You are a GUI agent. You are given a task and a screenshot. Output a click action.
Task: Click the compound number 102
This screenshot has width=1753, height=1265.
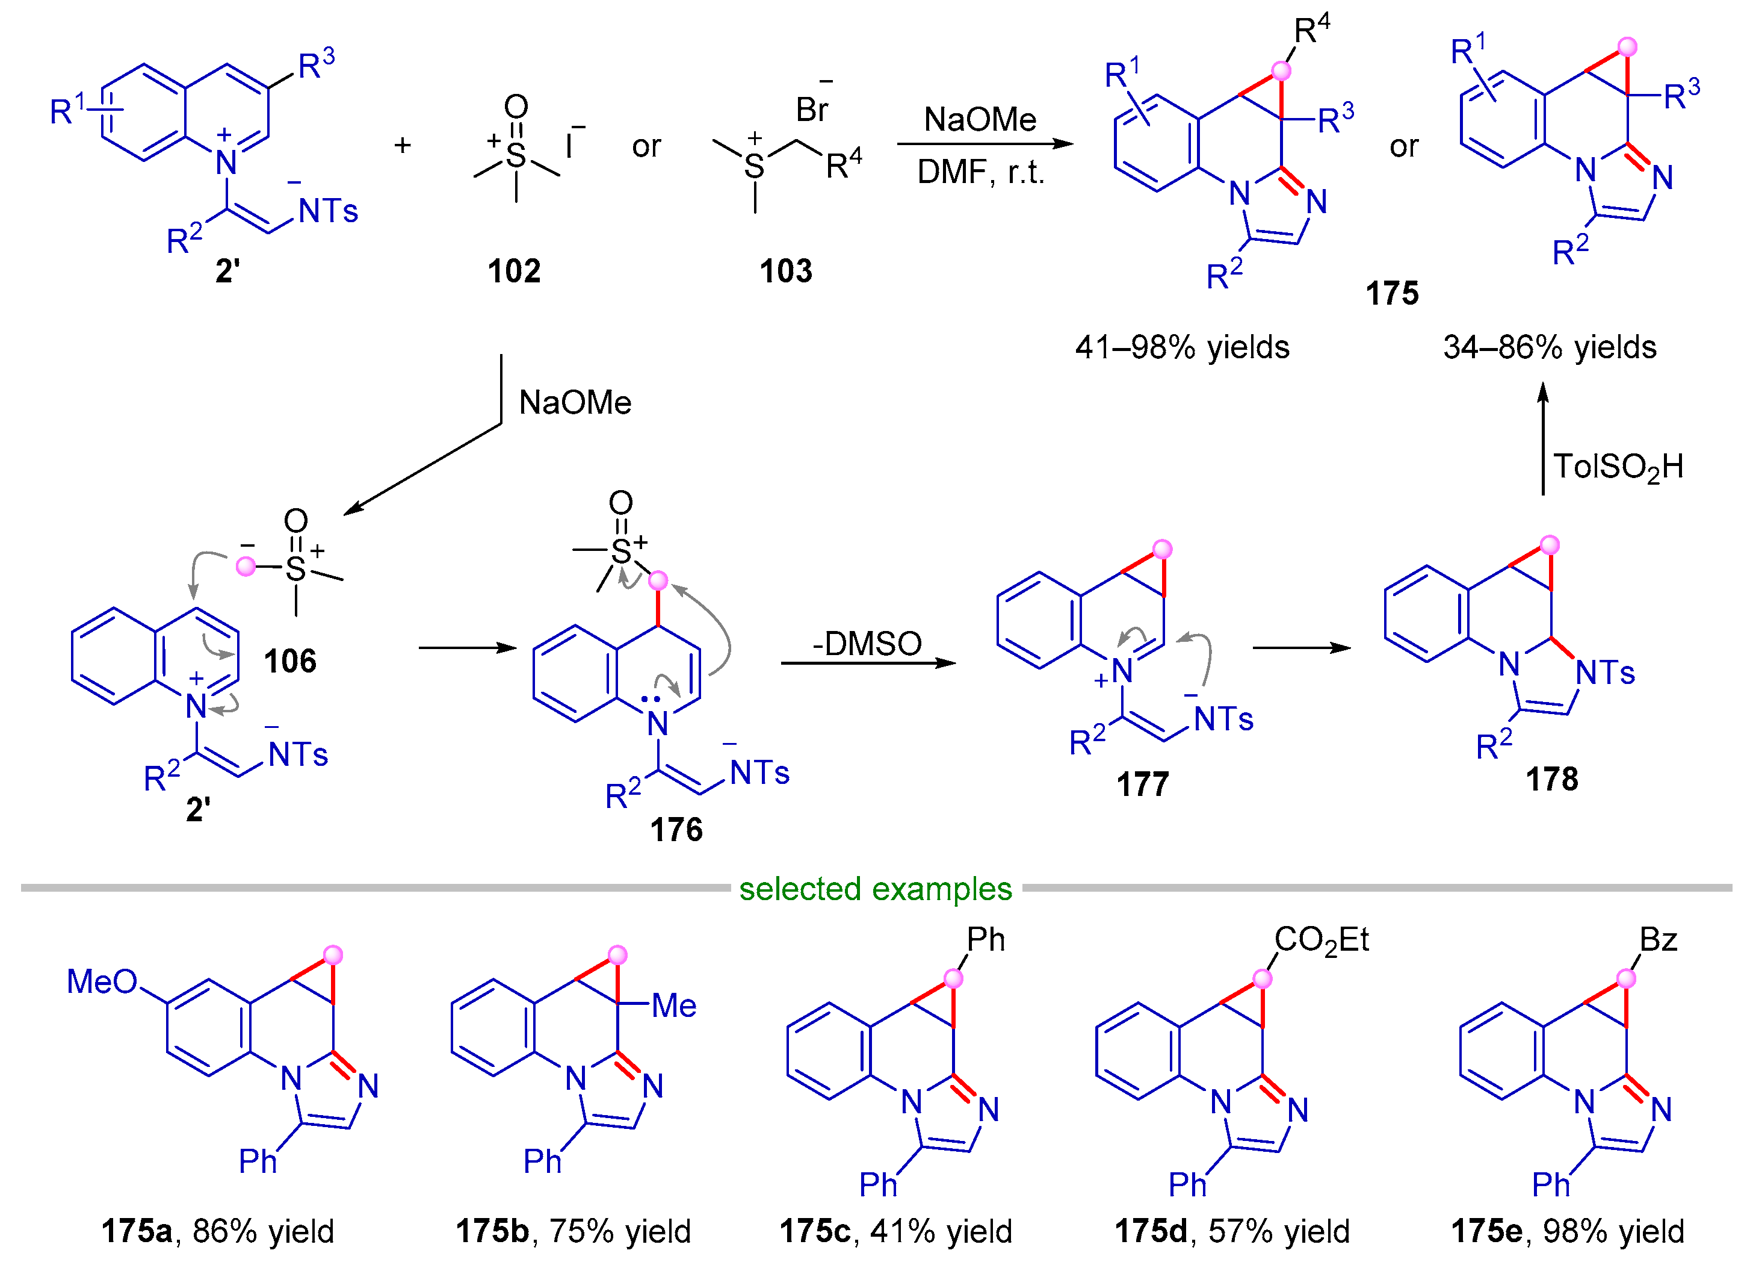click(514, 272)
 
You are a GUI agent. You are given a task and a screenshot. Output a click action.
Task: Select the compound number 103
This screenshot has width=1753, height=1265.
click(786, 272)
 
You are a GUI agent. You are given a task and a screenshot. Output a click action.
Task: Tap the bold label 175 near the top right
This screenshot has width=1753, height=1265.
click(1392, 294)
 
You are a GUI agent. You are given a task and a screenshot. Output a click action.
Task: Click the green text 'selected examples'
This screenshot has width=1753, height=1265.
click(875, 889)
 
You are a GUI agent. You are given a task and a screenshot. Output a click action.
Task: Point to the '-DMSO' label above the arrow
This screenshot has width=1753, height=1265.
click(867, 643)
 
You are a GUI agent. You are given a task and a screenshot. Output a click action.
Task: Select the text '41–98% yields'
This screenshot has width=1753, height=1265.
click(1182, 347)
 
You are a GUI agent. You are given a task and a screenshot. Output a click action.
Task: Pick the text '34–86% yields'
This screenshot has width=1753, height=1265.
click(1550, 347)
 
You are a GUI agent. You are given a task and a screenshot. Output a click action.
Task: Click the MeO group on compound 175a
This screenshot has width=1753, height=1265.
click(101, 982)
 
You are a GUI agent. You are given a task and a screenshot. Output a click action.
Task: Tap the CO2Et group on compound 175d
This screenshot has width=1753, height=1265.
click(1321, 940)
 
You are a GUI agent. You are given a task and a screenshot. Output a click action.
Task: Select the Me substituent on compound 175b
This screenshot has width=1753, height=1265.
click(674, 1006)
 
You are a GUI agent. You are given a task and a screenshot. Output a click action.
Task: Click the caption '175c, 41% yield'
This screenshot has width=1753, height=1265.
click(895, 1231)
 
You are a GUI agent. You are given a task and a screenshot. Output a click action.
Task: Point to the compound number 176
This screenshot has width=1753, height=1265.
click(676, 830)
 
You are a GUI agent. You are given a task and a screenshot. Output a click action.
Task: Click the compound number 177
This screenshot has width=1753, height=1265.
click(1142, 785)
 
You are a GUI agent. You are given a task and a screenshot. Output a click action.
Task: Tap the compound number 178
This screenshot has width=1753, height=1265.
click(1551, 779)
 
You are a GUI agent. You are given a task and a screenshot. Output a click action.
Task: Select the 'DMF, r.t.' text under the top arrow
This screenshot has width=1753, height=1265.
click(980, 172)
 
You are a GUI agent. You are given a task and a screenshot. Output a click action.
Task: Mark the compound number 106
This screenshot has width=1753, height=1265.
click(290, 661)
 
